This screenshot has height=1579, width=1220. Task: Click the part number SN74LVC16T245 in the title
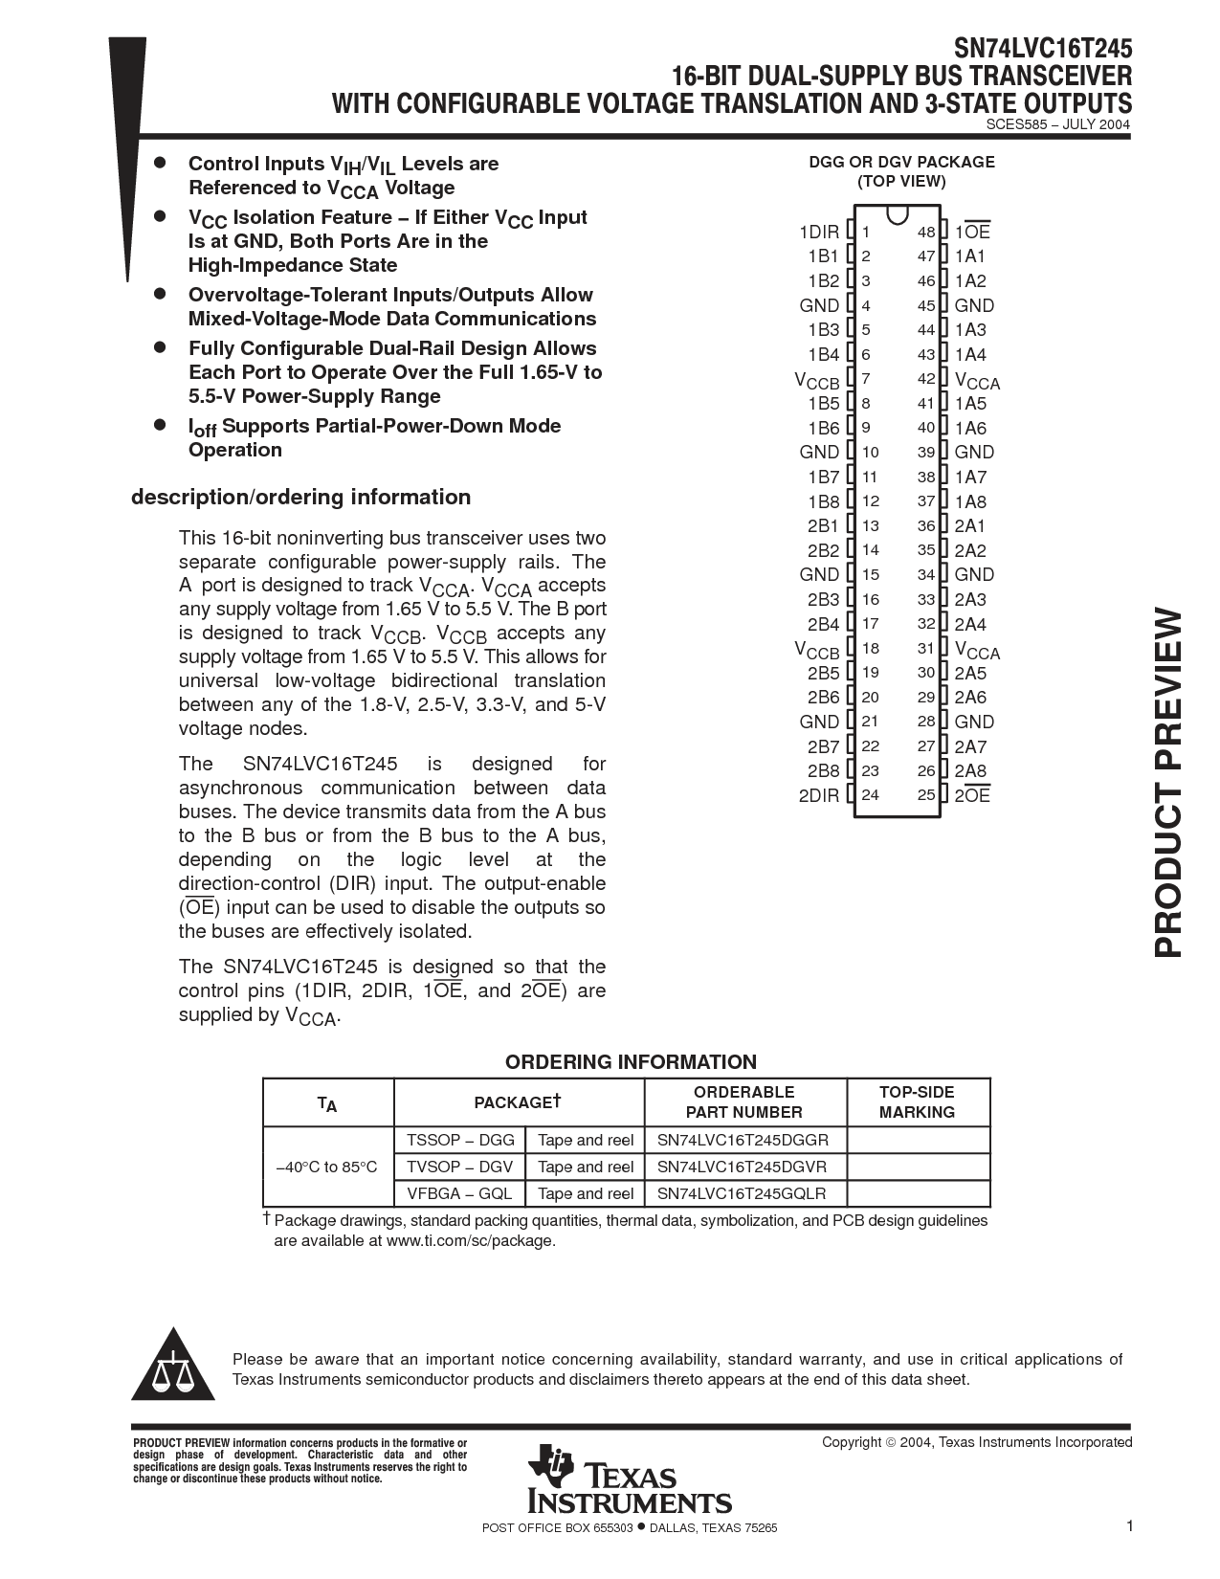coord(1043,48)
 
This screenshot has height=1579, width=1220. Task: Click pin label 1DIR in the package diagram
coord(818,233)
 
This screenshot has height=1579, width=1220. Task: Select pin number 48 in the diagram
coord(925,233)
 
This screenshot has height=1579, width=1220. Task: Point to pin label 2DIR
coord(818,795)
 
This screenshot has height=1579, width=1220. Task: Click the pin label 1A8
coord(970,501)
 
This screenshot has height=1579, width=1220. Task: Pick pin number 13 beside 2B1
coord(870,526)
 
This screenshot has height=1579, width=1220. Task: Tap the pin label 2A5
coord(970,674)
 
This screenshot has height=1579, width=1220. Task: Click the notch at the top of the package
coord(897,214)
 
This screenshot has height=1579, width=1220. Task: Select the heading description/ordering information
coord(300,497)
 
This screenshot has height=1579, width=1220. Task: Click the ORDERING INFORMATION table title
coord(631,1061)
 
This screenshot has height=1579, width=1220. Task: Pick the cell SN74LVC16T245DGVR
coord(742,1167)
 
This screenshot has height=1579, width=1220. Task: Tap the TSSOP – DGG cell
coord(460,1140)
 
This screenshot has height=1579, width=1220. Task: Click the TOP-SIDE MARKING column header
coord(917,1101)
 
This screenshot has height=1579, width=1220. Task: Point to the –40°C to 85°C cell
coord(327,1167)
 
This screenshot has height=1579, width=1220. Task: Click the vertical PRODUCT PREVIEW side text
coord(1169,784)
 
